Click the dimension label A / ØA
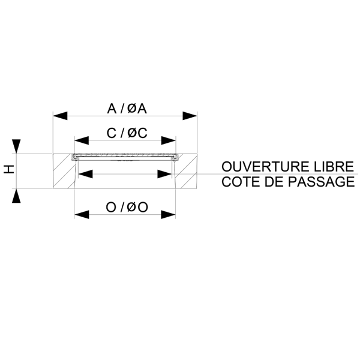point(127,109)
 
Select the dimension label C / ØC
point(127,133)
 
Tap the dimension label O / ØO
point(127,208)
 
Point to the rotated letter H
point(9,169)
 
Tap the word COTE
point(240,182)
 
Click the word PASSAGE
point(321,182)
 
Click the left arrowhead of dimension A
point(61,116)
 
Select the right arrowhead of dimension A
point(190,116)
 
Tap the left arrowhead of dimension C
point(82,140)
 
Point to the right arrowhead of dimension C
point(168,140)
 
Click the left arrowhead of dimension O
point(82,215)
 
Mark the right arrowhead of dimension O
point(168,215)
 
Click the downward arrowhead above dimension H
point(16,146)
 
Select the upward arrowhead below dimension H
point(16,196)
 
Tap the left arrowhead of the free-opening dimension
point(85,174)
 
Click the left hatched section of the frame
point(64,171)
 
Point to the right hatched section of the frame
point(186,171)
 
